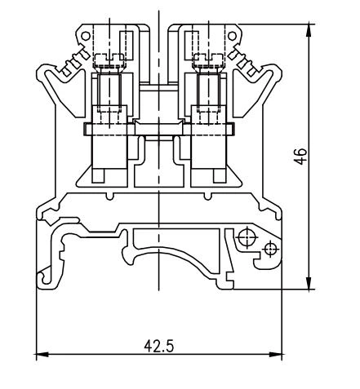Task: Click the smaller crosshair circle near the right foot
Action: click(x=270, y=247)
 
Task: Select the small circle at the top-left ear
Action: click(x=84, y=38)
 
